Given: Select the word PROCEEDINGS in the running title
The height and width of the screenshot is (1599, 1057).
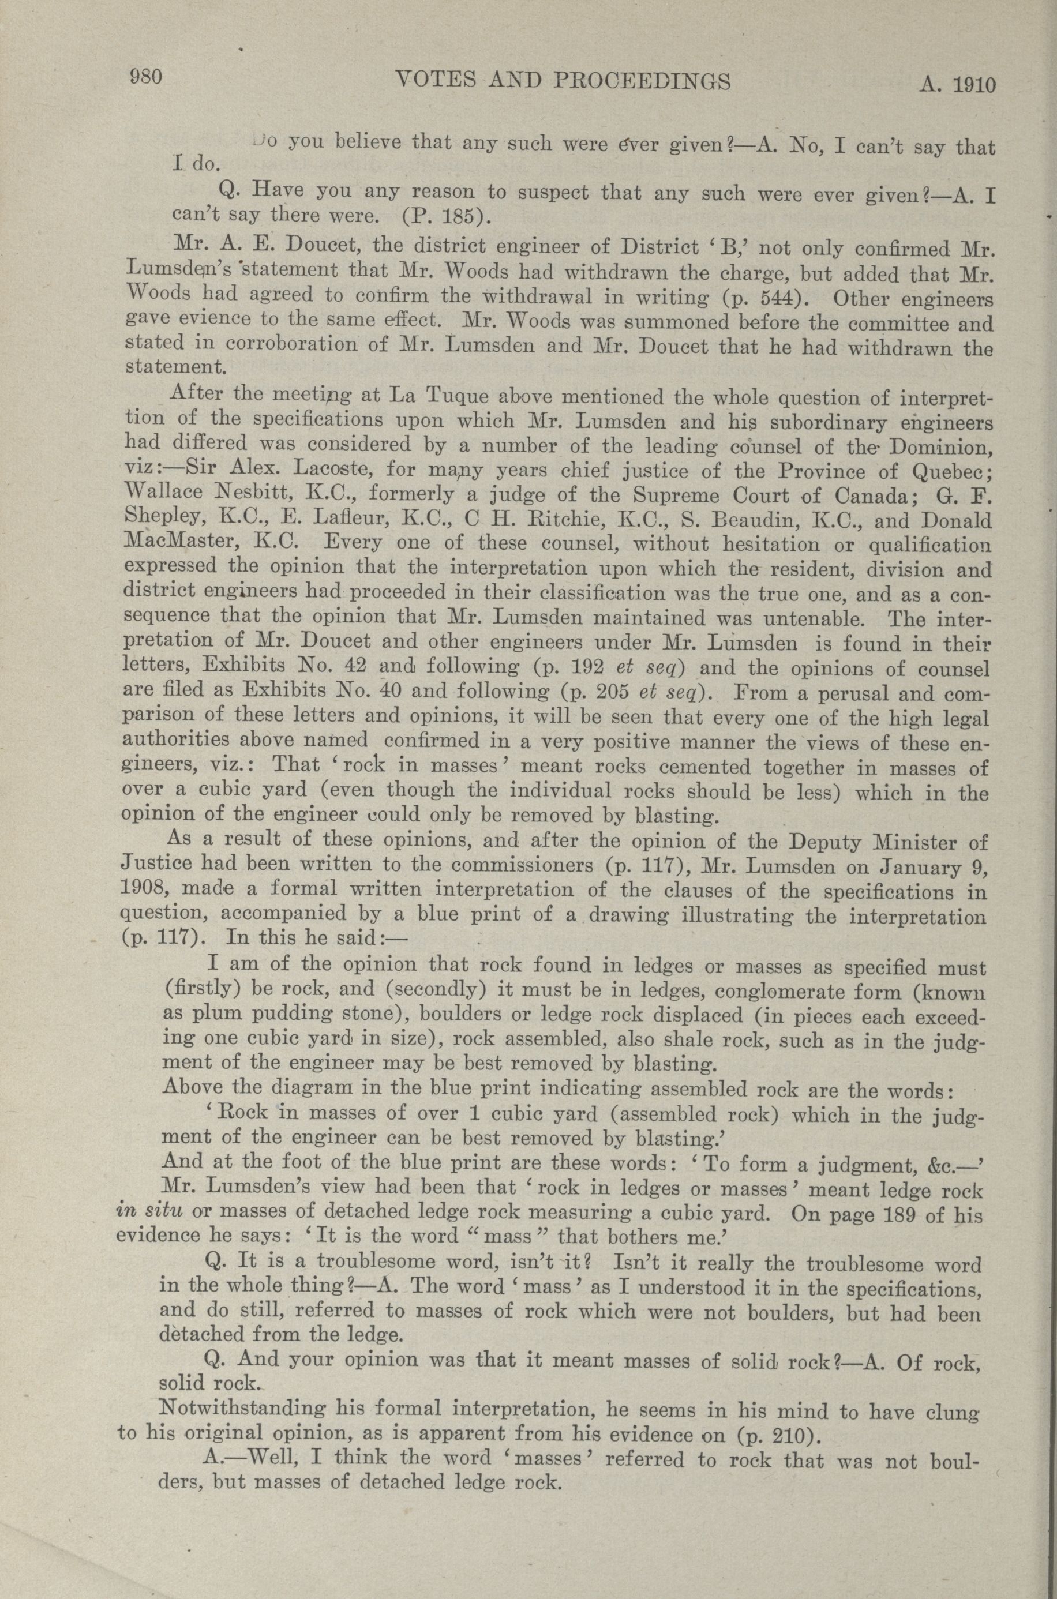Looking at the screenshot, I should pyautogui.click(x=642, y=81).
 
